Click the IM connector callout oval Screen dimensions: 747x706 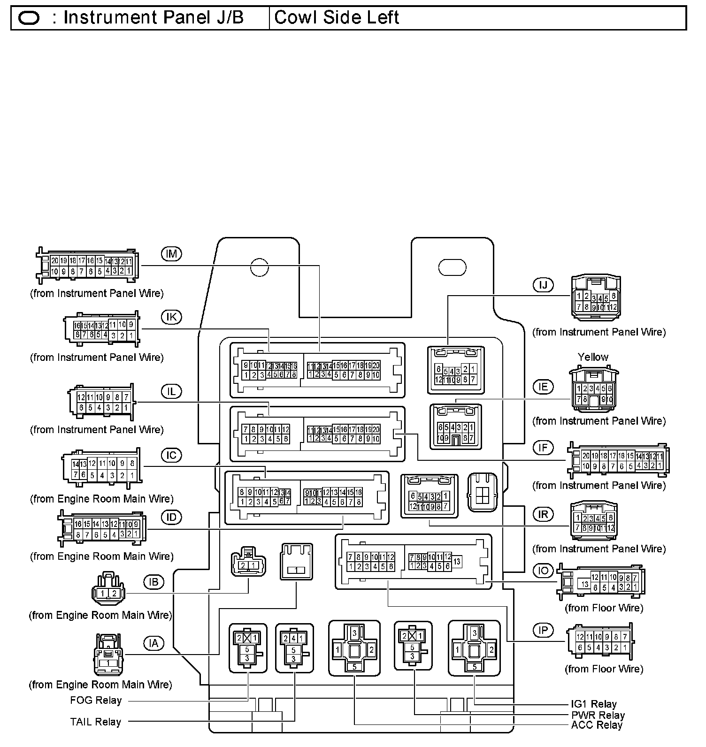pyautogui.click(x=171, y=254)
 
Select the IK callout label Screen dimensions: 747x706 pyautogui.click(x=171, y=317)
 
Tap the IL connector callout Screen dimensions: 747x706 pyautogui.click(x=171, y=391)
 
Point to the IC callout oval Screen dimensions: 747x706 pyautogui.click(x=171, y=455)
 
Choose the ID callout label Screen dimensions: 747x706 pyautogui.click(x=171, y=517)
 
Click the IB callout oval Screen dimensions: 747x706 pyautogui.click(x=153, y=582)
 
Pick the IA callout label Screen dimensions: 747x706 pyautogui.click(x=153, y=643)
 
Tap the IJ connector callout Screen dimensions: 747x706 pyautogui.click(x=543, y=285)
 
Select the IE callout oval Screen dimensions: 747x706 pyautogui.click(x=543, y=387)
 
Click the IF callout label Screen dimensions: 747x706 pyautogui.click(x=543, y=448)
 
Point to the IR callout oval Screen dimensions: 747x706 pyautogui.click(x=543, y=514)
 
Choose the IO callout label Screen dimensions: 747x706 pyautogui.click(x=543, y=571)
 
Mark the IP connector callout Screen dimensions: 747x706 pyautogui.click(x=543, y=630)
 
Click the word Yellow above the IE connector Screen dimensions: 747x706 pyautogui.click(x=593, y=357)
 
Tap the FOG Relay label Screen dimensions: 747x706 pyautogui.click(x=96, y=701)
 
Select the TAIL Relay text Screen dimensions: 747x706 pyautogui.click(x=96, y=722)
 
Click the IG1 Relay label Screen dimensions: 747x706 pyautogui.click(x=594, y=704)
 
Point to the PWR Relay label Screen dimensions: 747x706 pyautogui.click(x=598, y=716)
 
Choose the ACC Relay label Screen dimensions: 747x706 pyautogui.click(x=597, y=725)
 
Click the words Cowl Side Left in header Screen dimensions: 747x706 pyautogui.click(x=337, y=18)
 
